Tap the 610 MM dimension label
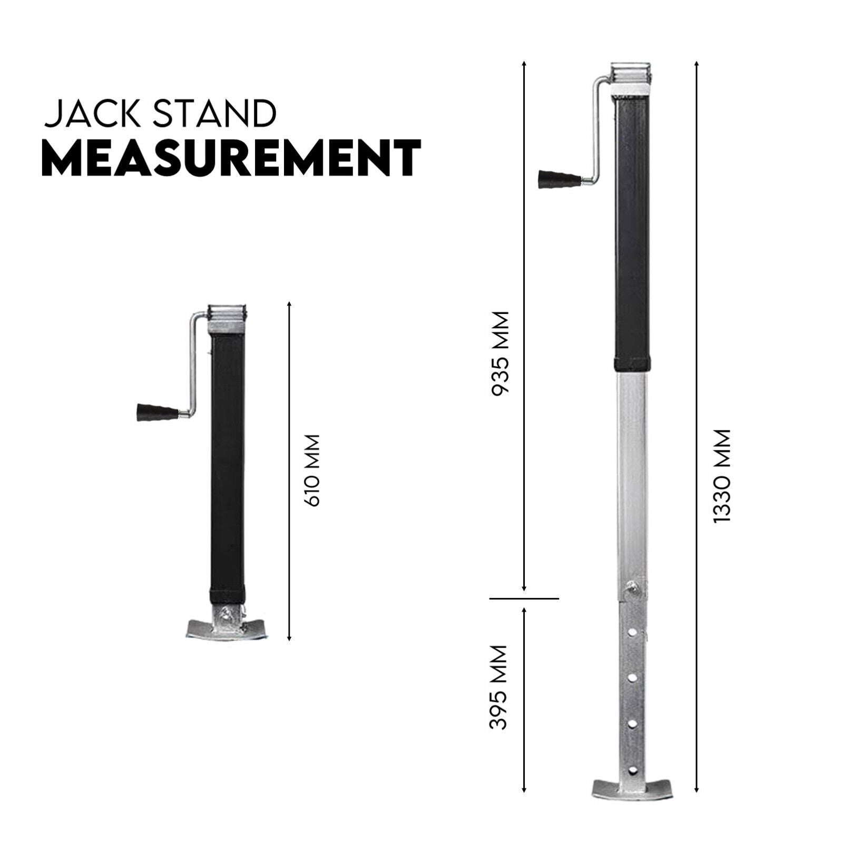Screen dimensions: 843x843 (312, 470)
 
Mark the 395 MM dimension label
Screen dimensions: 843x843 (498, 687)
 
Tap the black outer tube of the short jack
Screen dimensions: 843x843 (227, 464)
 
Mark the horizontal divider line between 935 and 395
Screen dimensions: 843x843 (524, 599)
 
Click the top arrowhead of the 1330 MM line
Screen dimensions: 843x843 (697, 63)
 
